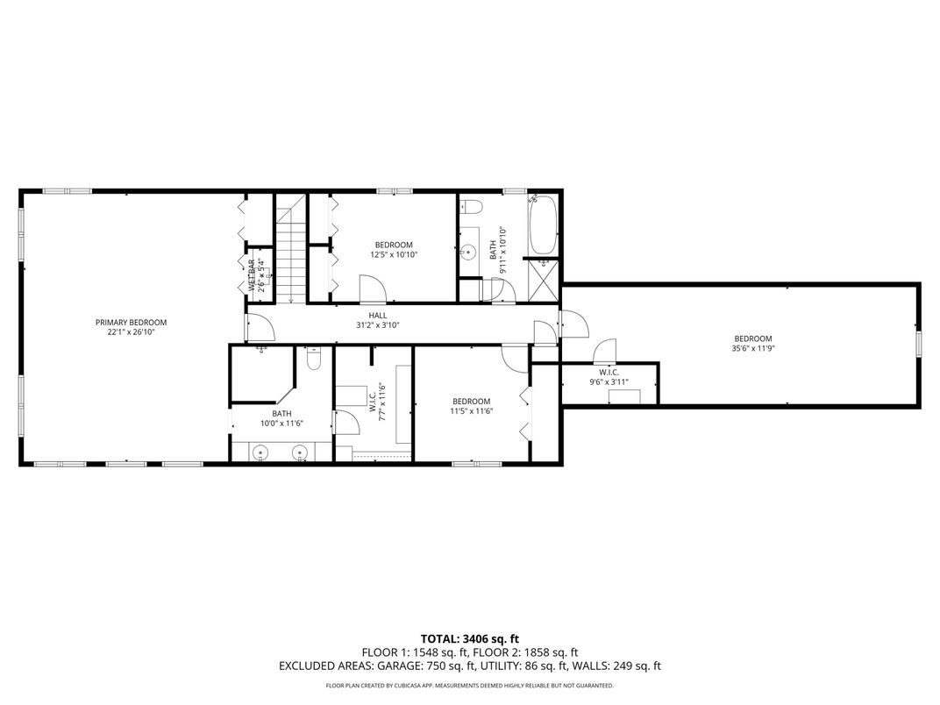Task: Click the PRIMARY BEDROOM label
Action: (131, 322)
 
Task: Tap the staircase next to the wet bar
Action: (289, 250)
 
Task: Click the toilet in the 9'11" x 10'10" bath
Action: (472, 207)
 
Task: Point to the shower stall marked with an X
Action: (541, 280)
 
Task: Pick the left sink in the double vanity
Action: (260, 453)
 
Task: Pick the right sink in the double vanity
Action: (301, 453)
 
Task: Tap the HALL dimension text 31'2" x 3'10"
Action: (377, 325)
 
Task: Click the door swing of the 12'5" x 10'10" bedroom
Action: (371, 288)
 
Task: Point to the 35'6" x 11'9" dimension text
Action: (753, 348)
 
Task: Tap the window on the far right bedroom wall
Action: (918, 344)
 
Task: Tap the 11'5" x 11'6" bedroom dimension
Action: (471, 411)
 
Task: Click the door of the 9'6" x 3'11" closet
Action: (605, 354)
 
